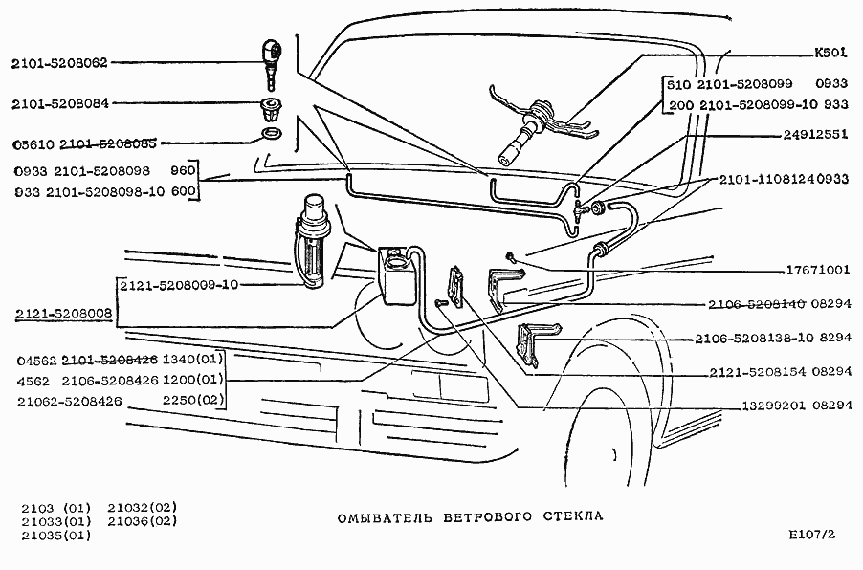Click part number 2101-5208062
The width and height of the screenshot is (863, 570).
coord(60,64)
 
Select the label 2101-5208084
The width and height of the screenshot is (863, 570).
coord(60,103)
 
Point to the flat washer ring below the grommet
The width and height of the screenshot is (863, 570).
coord(272,133)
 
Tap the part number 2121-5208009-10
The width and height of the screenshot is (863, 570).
coord(178,285)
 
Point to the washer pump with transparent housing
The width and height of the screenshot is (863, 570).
coord(315,239)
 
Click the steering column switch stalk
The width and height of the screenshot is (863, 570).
coord(525,133)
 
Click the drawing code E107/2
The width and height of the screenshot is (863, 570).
coord(813,536)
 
